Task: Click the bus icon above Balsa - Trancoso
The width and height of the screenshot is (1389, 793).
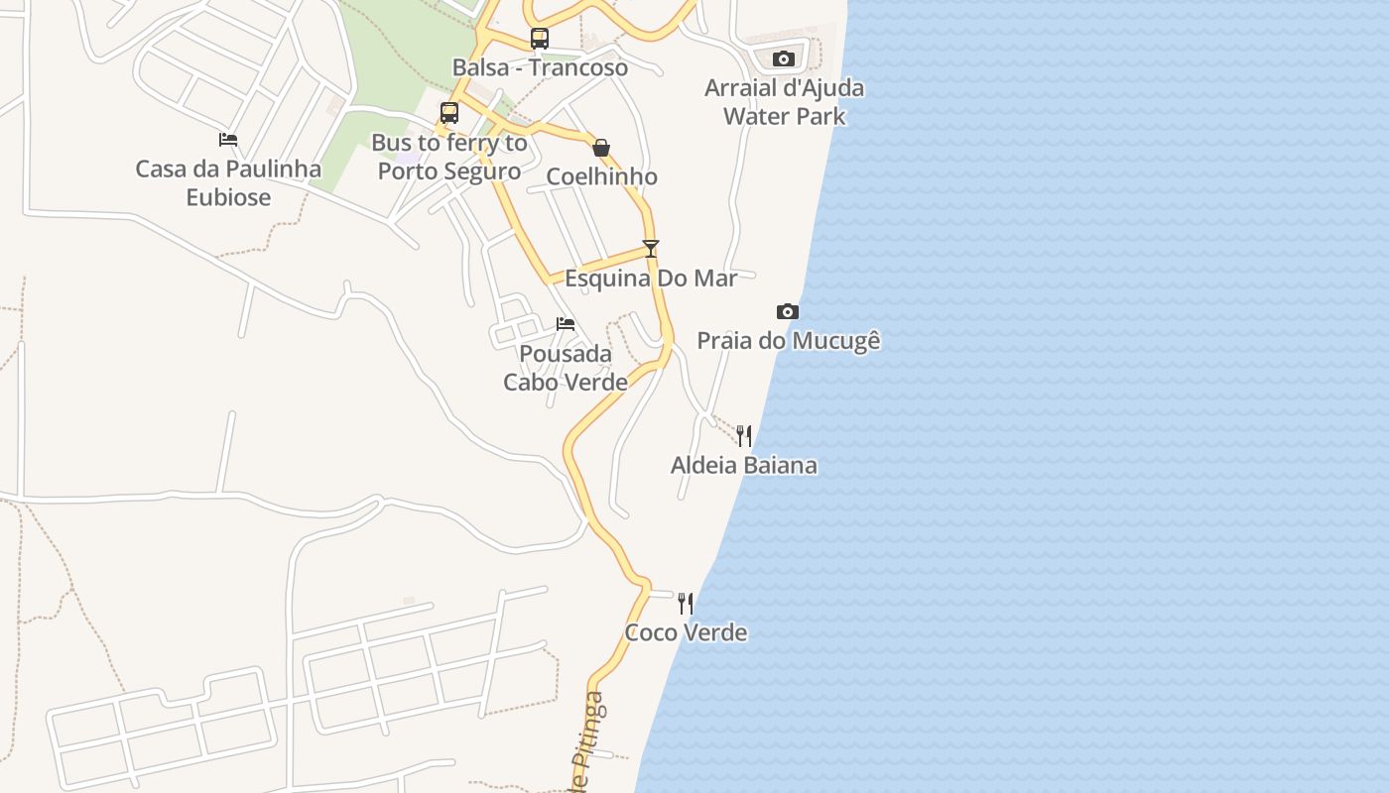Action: point(539,39)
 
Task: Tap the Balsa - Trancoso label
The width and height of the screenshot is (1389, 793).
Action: point(540,67)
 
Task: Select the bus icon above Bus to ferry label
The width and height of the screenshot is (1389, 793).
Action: point(449,113)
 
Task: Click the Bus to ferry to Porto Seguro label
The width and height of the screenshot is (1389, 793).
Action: point(449,157)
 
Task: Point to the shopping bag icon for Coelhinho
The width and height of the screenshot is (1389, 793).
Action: point(601,148)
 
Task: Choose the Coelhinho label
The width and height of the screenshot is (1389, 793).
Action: point(601,176)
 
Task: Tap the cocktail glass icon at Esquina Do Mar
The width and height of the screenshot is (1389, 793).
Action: point(651,249)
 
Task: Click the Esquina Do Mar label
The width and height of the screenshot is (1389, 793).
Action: point(651,278)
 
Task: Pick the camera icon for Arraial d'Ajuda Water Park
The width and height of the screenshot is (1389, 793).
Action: point(784,58)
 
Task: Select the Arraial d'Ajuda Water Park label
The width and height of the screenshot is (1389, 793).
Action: point(784,102)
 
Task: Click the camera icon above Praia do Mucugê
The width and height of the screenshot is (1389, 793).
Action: point(788,311)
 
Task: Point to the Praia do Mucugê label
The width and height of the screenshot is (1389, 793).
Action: point(788,341)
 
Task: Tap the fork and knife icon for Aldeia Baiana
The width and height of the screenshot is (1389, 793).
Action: point(744,435)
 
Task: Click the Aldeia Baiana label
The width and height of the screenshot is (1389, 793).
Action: point(744,465)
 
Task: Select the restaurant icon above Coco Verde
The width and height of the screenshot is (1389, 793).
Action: point(686,603)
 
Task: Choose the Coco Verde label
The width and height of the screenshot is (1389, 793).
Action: point(686,632)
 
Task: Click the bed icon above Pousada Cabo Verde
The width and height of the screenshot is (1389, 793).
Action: point(566,324)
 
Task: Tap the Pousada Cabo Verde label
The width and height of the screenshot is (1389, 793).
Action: point(566,368)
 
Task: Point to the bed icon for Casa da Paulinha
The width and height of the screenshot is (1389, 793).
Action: point(228,140)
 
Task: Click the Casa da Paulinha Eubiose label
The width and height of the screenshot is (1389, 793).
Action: point(228,183)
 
